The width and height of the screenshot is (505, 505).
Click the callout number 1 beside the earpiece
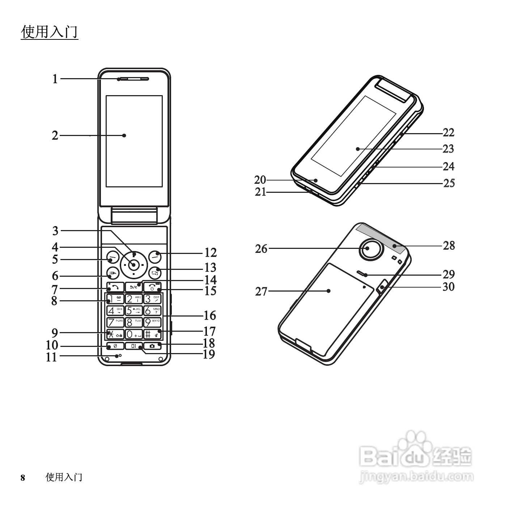(55, 78)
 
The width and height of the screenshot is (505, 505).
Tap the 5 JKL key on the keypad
(133, 311)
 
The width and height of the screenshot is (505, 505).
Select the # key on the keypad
(152, 334)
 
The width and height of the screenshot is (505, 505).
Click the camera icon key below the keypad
(152, 346)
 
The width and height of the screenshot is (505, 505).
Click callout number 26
(261, 249)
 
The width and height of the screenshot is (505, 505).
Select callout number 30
(449, 287)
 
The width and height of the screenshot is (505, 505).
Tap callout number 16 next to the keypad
(210, 315)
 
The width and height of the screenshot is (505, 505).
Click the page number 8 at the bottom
(23, 478)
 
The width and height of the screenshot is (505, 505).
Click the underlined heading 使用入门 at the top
(50, 32)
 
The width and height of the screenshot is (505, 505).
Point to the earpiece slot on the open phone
(133, 78)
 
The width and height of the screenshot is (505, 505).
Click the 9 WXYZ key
(152, 322)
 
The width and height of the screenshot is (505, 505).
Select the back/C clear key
(133, 287)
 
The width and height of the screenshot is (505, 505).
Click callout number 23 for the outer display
(449, 149)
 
